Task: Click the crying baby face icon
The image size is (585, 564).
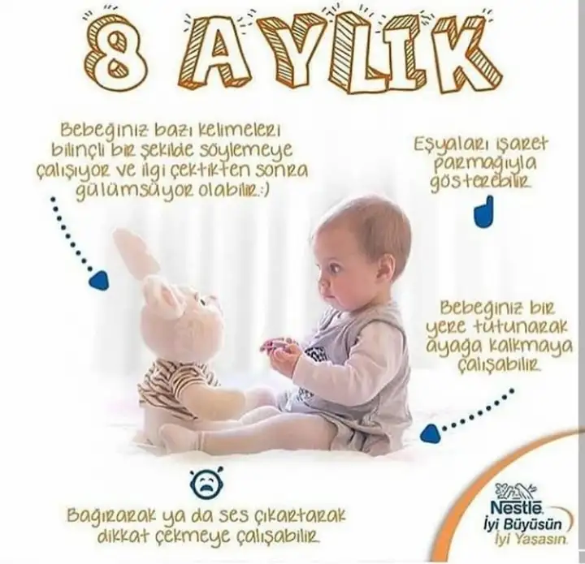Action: [205, 481]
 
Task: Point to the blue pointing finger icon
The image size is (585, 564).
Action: [484, 212]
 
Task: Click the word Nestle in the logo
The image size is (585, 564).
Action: [515, 509]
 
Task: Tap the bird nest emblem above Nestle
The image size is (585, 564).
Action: [517, 492]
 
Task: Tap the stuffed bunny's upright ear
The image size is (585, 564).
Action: [135, 252]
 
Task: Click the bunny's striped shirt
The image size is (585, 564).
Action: [175, 380]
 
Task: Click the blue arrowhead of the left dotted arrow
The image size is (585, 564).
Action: [99, 280]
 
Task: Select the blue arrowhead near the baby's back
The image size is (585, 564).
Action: [430, 434]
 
